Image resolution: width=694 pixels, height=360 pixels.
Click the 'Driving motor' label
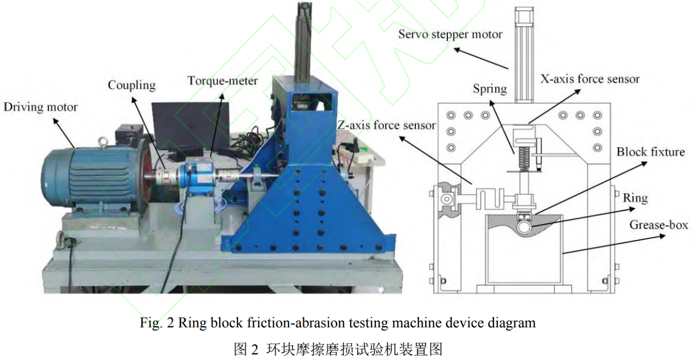tap(41, 107)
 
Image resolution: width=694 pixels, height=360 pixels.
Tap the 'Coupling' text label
tap(132, 85)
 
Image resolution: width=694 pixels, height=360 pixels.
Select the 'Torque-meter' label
tap(223, 81)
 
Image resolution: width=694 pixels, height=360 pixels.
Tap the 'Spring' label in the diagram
tap(490, 89)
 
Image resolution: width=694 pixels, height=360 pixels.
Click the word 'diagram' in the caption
tap(514, 322)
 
